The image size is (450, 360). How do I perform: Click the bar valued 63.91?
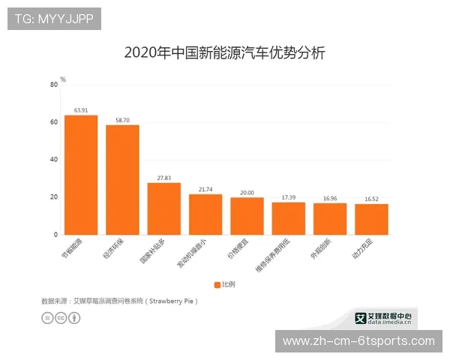click(x=80, y=175)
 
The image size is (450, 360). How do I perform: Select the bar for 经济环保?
click(x=122, y=180)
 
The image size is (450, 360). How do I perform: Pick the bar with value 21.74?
click(x=205, y=214)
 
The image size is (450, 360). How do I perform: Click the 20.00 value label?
click(x=247, y=191)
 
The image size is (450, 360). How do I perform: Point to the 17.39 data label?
click(x=289, y=196)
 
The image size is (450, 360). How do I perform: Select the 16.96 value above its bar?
click(x=330, y=198)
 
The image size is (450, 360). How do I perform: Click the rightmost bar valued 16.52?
click(x=371, y=219)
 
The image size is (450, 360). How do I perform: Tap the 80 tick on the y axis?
click(x=54, y=85)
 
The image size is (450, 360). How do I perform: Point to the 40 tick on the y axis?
click(x=54, y=160)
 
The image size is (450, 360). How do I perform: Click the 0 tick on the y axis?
click(x=55, y=235)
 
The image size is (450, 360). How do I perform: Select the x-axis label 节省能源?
click(x=73, y=248)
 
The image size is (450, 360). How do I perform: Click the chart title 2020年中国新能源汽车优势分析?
click(x=224, y=53)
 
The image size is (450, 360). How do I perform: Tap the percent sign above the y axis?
click(x=63, y=78)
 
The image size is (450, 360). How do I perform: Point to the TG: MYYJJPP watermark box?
click(x=54, y=19)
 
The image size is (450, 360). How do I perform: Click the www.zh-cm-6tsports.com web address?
click(x=358, y=341)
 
